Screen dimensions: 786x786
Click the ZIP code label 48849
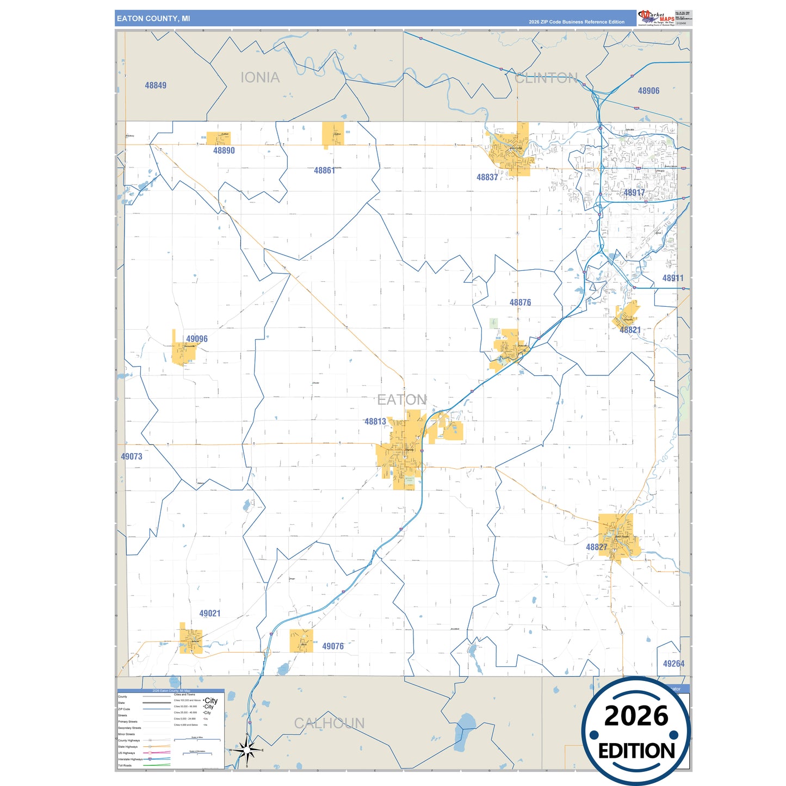pos(156,85)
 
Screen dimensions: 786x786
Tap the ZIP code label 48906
pos(648,91)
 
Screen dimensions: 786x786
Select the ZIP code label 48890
pos(224,151)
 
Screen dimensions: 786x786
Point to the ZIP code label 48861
pos(324,171)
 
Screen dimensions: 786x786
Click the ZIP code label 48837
pos(487,177)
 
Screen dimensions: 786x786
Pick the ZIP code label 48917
pos(634,193)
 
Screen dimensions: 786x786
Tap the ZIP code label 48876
pos(520,302)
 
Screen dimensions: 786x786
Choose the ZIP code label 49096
pos(196,339)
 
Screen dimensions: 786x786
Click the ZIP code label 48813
pos(375,422)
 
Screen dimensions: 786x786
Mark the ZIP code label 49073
pos(131,457)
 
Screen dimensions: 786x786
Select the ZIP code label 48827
pos(596,547)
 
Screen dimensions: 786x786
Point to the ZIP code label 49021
pos(209,614)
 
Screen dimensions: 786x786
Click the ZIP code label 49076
pos(333,646)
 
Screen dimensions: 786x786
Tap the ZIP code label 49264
pos(673,664)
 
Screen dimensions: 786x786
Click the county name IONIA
pos(260,78)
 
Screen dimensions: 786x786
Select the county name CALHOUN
pos(329,723)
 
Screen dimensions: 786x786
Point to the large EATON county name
pos(402,400)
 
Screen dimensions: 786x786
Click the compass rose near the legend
pos(247,751)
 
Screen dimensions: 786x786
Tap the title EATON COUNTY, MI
pos(153,18)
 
